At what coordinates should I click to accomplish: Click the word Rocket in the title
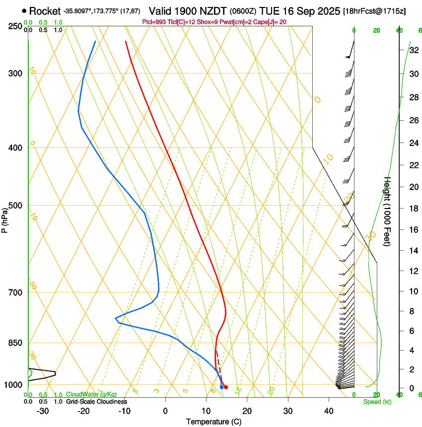coord(45,11)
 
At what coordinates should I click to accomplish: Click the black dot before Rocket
coord(24,10)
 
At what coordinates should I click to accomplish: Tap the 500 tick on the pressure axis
coord(14,206)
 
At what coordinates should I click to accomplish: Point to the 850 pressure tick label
coord(14,343)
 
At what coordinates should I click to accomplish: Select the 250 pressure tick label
coord(14,26)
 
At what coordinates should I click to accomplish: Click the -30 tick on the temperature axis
coord(43,411)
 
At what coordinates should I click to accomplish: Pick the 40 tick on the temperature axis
coord(328,411)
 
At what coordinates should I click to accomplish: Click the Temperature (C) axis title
coord(213,422)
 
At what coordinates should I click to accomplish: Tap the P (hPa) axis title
coord(4,219)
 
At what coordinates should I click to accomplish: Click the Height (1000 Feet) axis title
coord(387,211)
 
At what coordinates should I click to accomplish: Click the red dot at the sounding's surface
coord(225,387)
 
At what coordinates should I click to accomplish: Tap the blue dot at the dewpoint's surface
coord(221,387)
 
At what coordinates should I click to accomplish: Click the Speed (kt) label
coord(377,402)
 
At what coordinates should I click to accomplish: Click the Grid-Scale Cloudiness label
coord(96,401)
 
